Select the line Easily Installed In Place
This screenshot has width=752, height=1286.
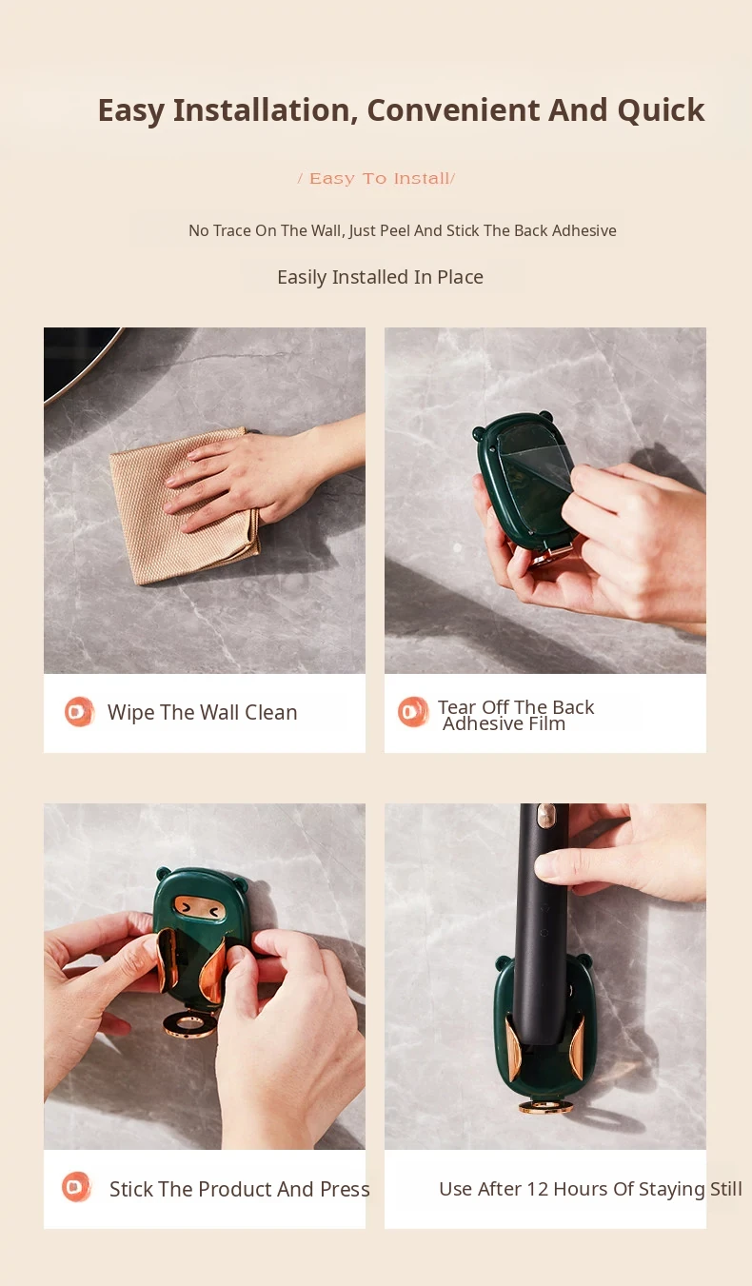coord(380,277)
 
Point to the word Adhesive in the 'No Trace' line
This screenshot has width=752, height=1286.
coord(584,230)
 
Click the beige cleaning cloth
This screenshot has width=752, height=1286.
coord(184,505)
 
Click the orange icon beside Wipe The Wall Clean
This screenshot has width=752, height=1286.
coord(79,712)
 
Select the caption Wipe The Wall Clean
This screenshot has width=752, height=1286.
coord(202,712)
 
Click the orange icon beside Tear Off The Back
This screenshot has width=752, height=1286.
coord(413,712)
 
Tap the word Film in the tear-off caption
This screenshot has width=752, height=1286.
coord(547,724)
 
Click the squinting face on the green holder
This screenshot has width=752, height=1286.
coord(199,908)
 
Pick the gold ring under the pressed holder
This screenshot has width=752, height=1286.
coord(190,1024)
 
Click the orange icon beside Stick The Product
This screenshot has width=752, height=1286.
coord(77,1187)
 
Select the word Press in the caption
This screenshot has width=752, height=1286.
coord(345,1189)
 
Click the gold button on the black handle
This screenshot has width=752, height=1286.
coord(545,815)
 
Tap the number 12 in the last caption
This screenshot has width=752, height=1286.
coord(537,1189)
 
